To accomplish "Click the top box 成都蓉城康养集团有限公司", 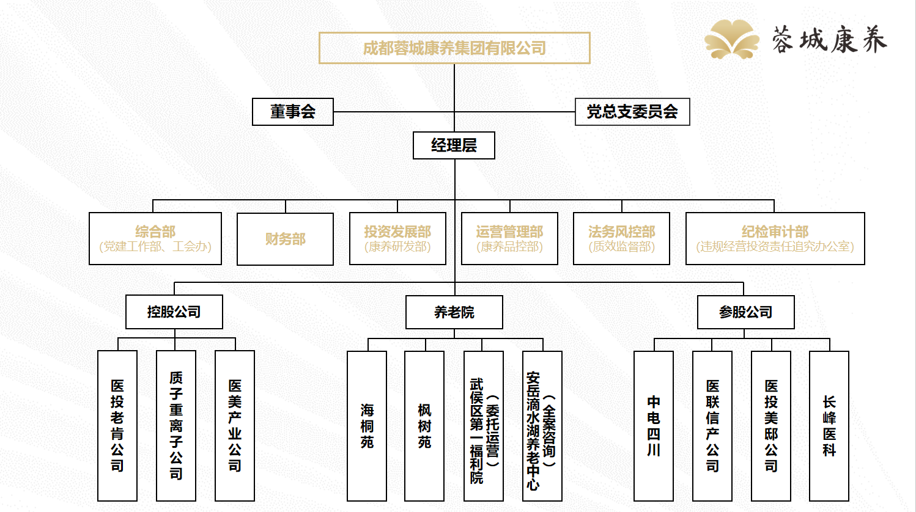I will (454, 48).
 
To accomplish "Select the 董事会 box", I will (293, 112).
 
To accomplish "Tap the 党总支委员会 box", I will (632, 112).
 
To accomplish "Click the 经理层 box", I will (454, 145).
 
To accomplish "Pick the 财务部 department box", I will (285, 239).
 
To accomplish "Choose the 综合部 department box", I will (155, 238).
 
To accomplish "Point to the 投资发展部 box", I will (397, 238).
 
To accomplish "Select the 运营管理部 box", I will (509, 238).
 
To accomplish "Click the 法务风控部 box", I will (621, 238).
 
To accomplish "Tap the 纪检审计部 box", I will (775, 238).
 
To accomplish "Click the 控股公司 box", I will (174, 312).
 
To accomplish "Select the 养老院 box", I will (454, 312).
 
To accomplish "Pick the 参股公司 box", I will (745, 312).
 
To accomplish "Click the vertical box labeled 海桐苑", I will (367, 426).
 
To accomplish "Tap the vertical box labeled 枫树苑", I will (424, 426).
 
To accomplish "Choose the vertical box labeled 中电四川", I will (654, 426).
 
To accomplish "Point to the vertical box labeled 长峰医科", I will (829, 426).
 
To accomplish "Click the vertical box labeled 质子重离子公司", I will (176, 426).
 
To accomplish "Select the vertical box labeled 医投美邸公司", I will (771, 426).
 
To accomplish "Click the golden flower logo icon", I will (731, 39).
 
